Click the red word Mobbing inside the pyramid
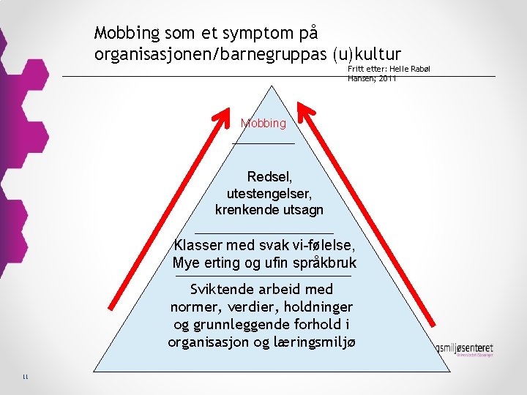(x=263, y=124)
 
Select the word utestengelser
(x=269, y=193)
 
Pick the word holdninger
(x=318, y=307)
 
